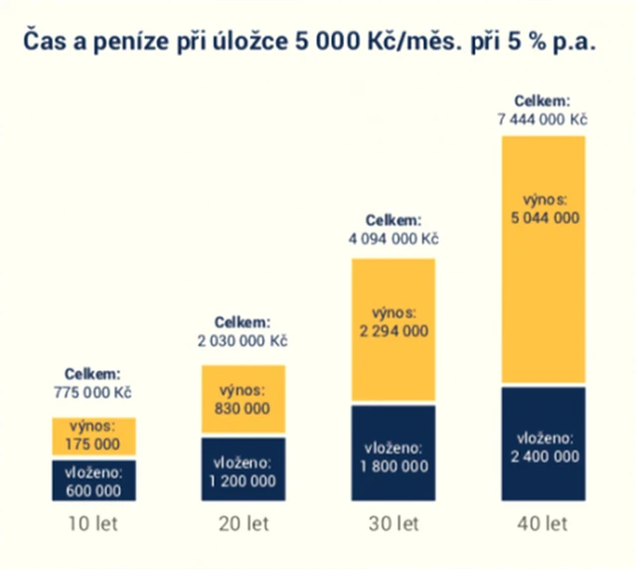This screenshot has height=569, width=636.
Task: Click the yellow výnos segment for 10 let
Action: [x=93, y=437]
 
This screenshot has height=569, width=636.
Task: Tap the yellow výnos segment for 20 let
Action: [x=242, y=399]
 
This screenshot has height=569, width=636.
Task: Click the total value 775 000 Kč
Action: [x=93, y=393]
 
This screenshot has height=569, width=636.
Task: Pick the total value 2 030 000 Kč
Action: [x=242, y=341]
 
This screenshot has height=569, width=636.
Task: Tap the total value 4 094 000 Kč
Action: [x=393, y=239]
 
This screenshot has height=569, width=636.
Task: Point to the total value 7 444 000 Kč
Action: [x=543, y=119]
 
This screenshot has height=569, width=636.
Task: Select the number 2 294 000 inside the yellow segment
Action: [x=393, y=330]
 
